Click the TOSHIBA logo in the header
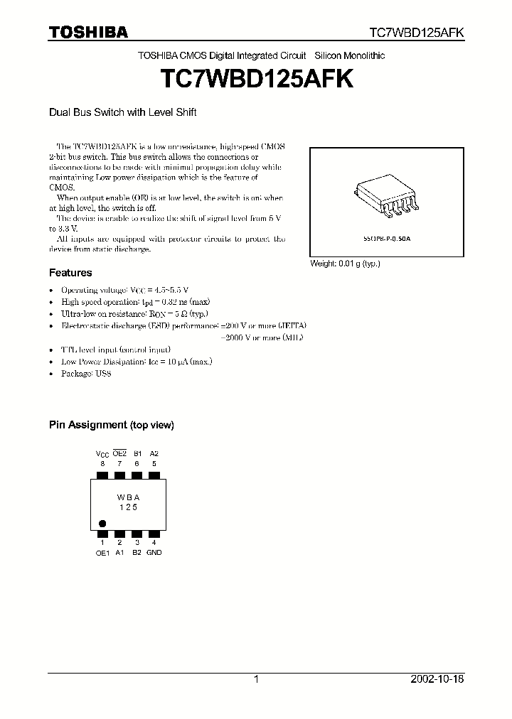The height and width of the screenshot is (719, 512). (88, 32)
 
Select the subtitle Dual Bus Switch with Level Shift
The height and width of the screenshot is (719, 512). (122, 112)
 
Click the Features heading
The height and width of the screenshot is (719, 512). (70, 273)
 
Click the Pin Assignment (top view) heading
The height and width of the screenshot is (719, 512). (111, 425)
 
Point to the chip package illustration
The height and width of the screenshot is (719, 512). (383, 198)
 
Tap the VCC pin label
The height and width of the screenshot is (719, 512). (102, 453)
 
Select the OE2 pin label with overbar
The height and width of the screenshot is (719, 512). (120, 453)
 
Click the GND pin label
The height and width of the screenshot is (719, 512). (154, 552)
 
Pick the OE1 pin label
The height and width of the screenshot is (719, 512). (102, 552)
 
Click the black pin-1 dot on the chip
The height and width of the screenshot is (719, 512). (102, 521)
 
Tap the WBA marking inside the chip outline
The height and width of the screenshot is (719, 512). (128, 498)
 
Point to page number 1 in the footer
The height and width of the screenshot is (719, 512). (256, 679)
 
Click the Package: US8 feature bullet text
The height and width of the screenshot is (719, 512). (86, 373)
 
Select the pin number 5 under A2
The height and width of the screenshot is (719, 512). (154, 463)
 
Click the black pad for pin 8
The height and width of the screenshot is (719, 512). (102, 474)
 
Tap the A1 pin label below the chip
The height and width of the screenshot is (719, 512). (120, 552)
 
